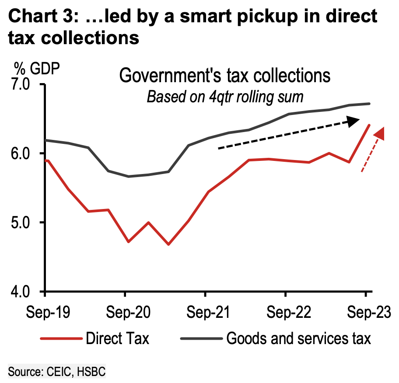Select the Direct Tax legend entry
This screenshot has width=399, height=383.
(x=117, y=338)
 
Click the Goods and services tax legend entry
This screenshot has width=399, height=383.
(x=299, y=338)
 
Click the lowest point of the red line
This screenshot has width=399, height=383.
(x=168, y=244)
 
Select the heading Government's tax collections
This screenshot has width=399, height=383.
(x=225, y=76)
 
